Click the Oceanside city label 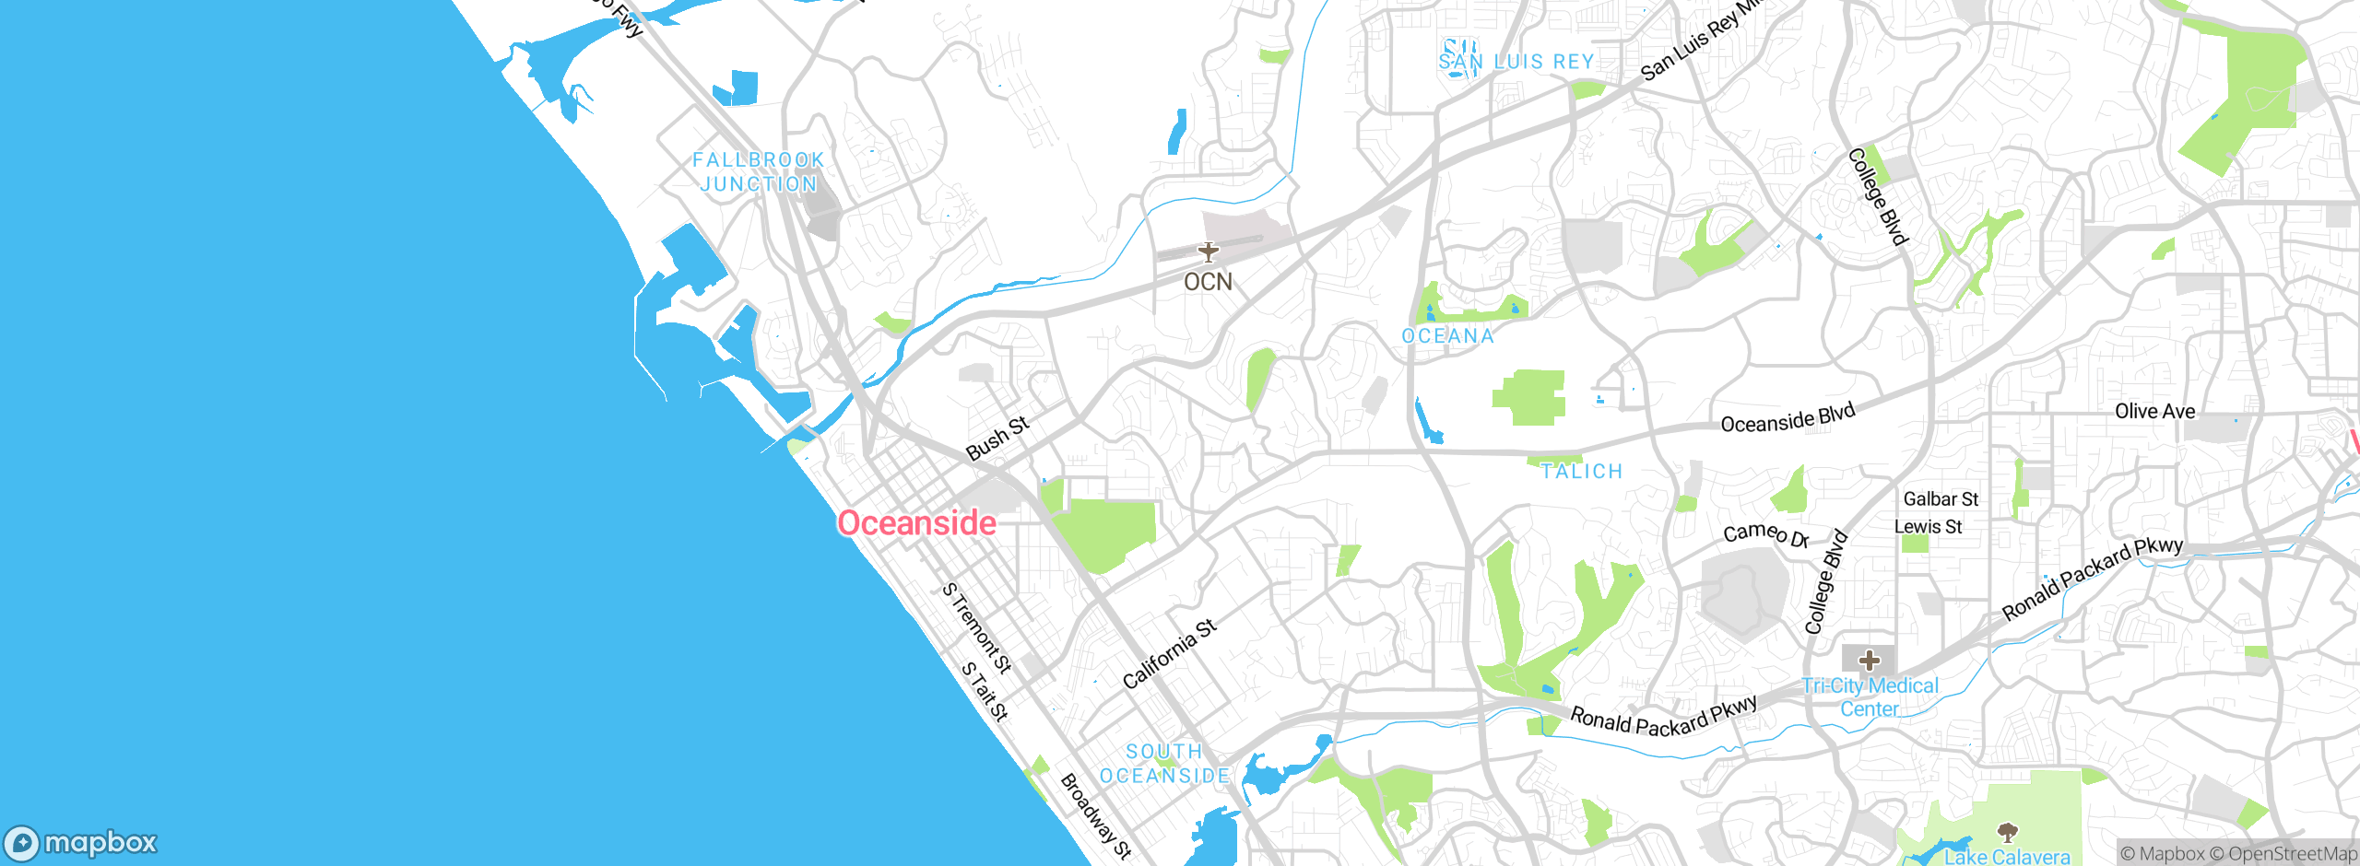(916, 523)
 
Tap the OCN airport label (1208, 282)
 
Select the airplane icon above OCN (1208, 252)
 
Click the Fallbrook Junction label (759, 172)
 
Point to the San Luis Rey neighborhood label (1516, 62)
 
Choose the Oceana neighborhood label (1448, 336)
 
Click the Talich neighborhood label (1581, 472)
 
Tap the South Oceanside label (1165, 764)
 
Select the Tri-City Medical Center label (1870, 697)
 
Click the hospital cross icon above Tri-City (1870, 661)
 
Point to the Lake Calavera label (2007, 857)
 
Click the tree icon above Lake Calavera (2007, 834)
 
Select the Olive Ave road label (2154, 411)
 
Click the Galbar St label (1941, 499)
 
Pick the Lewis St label (1928, 527)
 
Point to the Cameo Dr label (1765, 534)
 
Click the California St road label (1169, 654)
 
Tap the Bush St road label (997, 439)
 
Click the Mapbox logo (81, 842)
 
